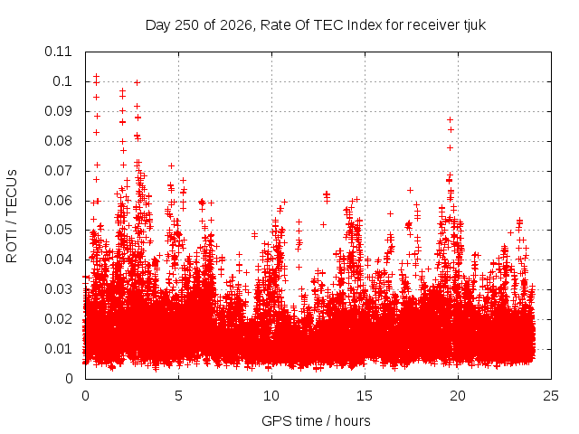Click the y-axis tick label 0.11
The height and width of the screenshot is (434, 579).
pos(58,52)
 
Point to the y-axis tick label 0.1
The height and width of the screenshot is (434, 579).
pos(62,81)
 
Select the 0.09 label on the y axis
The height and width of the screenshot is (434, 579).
pos(58,111)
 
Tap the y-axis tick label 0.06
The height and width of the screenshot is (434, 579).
pos(58,201)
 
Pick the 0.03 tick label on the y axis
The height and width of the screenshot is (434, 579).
pos(58,289)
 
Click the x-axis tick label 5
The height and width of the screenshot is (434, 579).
pos(179,396)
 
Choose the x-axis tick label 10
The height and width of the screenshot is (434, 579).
pos(271,396)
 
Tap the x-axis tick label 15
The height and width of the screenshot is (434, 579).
pos(365,396)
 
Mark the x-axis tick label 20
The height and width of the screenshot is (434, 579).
pos(458,396)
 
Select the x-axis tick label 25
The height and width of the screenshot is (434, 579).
pos(551,396)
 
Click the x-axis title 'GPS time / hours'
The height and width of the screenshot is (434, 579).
pos(316,421)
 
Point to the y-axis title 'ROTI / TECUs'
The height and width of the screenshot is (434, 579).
pos(12,216)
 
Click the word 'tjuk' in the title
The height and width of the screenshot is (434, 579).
pos(475,25)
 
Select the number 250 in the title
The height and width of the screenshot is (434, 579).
pos(187,25)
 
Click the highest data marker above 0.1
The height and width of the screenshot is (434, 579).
pos(97,76)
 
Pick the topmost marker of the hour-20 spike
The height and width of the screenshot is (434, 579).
pos(450,119)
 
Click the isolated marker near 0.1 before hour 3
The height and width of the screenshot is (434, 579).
pos(137,82)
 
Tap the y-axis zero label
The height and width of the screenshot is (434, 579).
pos(69,379)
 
